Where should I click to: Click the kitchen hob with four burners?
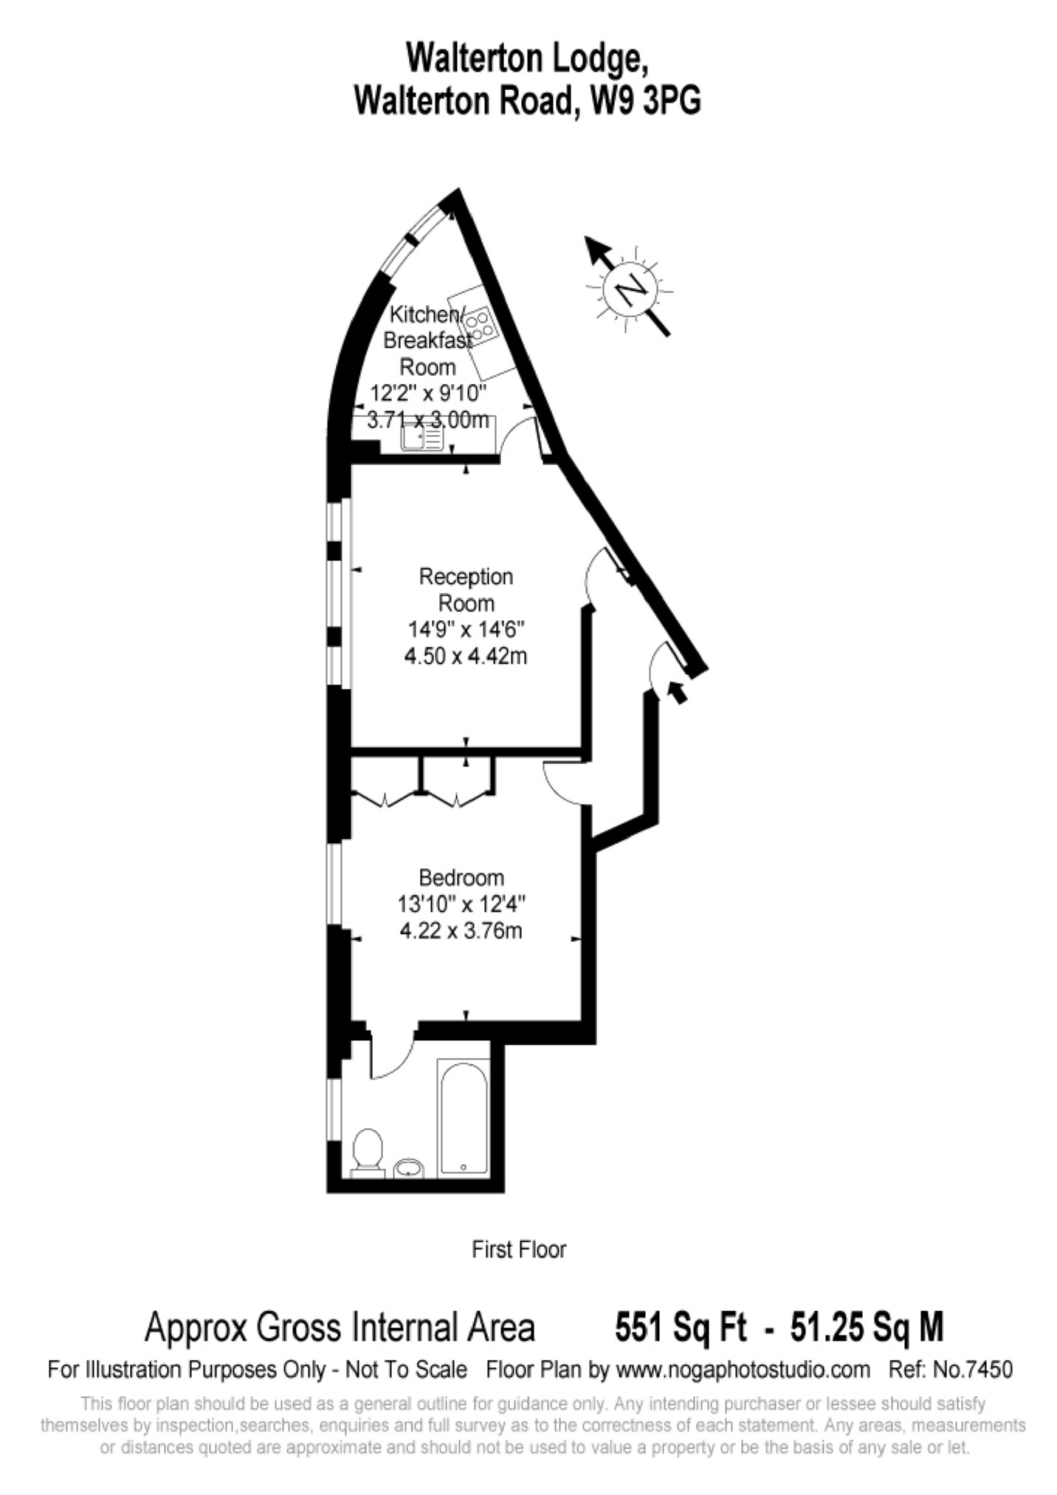pos(480,326)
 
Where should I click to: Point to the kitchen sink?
pos(421,438)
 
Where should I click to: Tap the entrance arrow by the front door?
pos(676,692)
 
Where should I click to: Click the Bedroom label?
pos(461,878)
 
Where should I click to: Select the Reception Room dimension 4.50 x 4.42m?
pos(466,656)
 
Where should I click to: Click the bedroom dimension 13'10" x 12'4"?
pos(461,904)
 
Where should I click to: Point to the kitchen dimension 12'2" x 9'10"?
pos(428,393)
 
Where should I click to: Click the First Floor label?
pos(519,1250)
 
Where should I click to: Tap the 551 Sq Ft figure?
pos(680,1327)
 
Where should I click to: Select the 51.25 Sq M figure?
pos(867,1327)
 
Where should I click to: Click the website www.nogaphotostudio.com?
pos(743,1370)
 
